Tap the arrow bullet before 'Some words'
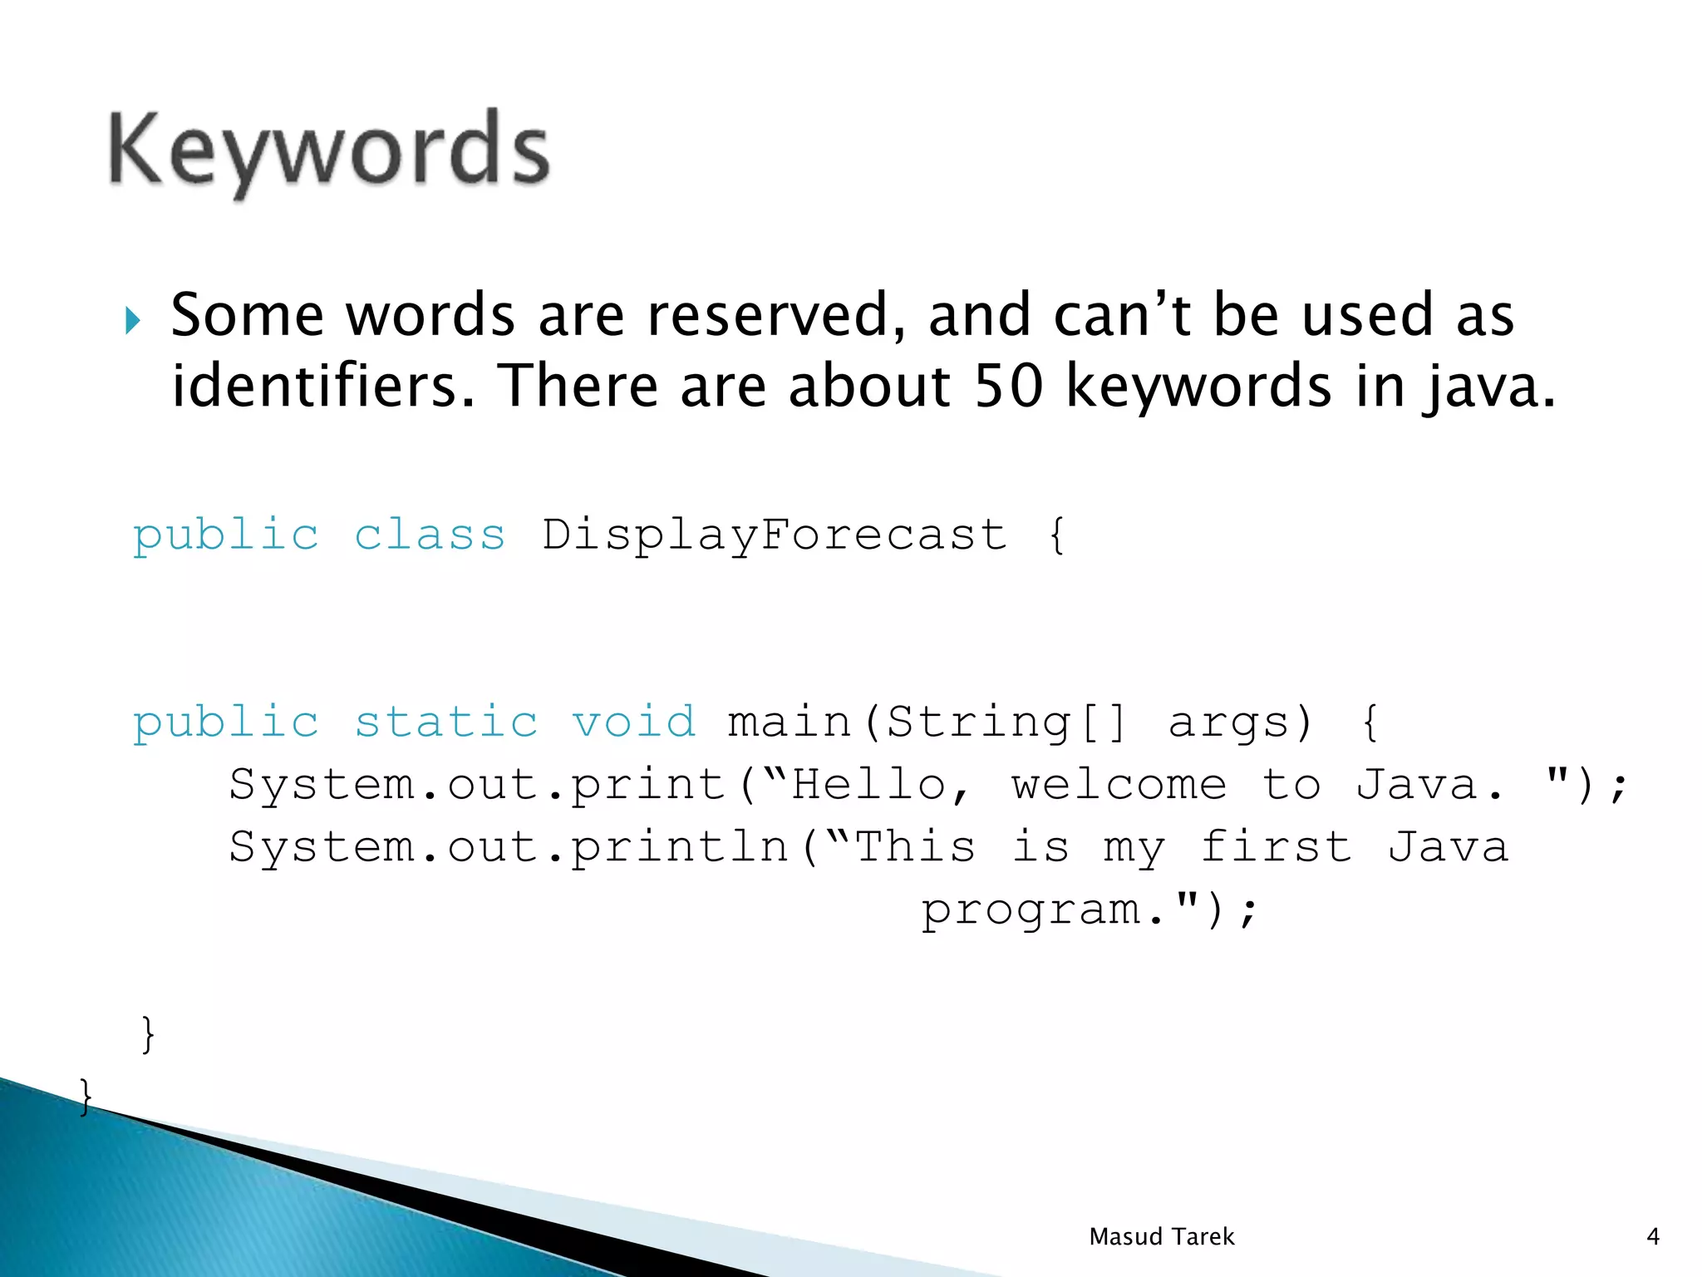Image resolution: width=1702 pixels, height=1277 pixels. [x=133, y=320]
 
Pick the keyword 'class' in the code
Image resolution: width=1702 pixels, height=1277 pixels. [x=430, y=534]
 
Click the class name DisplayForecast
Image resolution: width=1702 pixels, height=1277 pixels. [x=775, y=535]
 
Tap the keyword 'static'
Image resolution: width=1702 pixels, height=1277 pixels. [x=446, y=721]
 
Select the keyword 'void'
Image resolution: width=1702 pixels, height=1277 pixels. [x=633, y=721]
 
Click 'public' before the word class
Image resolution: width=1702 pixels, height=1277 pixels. [x=226, y=535]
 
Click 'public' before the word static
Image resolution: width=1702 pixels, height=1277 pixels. [x=226, y=722]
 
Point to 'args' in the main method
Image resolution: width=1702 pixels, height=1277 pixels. [x=1228, y=722]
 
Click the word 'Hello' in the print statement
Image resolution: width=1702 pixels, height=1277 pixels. [x=868, y=784]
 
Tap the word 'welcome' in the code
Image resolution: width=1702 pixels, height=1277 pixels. [x=1119, y=784]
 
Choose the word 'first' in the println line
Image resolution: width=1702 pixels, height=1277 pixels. [x=1276, y=847]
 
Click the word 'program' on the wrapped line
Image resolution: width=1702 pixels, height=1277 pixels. [x=1031, y=910]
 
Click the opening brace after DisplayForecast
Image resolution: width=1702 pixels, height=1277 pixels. [x=1056, y=535]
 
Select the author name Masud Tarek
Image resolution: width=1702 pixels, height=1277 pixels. [x=1161, y=1237]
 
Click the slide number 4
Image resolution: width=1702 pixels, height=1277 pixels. [x=1652, y=1237]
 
